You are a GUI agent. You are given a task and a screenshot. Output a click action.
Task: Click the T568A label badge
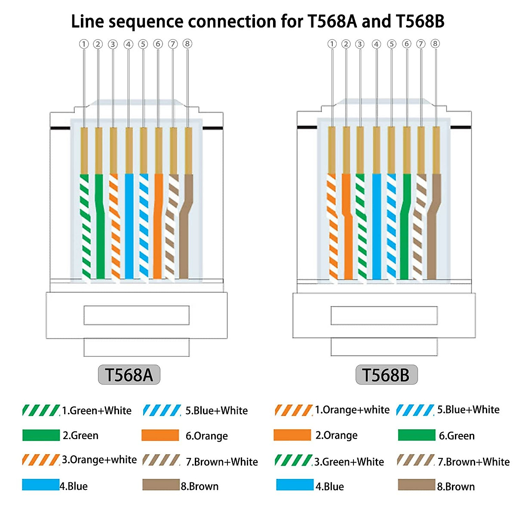(129, 375)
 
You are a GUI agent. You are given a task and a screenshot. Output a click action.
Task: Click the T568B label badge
(386, 375)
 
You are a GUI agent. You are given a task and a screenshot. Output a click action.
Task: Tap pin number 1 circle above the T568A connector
(84, 44)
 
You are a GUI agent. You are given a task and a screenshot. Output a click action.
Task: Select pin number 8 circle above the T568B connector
(435, 43)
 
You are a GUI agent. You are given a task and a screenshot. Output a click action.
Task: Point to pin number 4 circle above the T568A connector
(128, 44)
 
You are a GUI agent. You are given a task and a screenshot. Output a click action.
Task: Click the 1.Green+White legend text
(96, 411)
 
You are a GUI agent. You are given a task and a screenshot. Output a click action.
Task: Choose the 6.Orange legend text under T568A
(206, 436)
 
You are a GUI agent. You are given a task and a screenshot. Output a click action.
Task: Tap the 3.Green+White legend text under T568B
(349, 462)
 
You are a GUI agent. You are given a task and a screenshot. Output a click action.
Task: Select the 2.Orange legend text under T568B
(336, 436)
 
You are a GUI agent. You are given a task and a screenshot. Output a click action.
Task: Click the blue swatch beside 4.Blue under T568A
(40, 485)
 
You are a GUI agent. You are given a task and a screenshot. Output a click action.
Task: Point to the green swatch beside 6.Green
(416, 435)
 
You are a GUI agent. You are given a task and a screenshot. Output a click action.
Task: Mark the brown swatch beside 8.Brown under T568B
(416, 485)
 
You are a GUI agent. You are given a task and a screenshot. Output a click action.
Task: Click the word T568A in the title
(332, 21)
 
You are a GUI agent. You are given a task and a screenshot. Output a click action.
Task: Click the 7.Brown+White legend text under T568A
(221, 462)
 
